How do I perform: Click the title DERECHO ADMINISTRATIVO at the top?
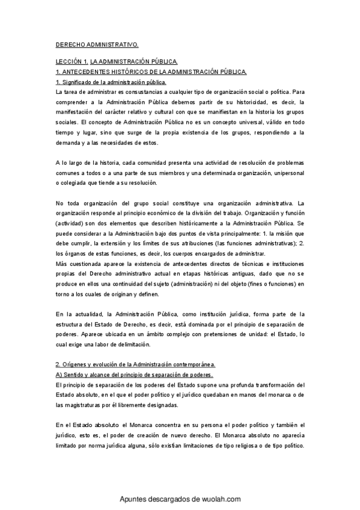tap(97, 45)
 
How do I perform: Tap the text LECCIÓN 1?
tap(72, 62)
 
